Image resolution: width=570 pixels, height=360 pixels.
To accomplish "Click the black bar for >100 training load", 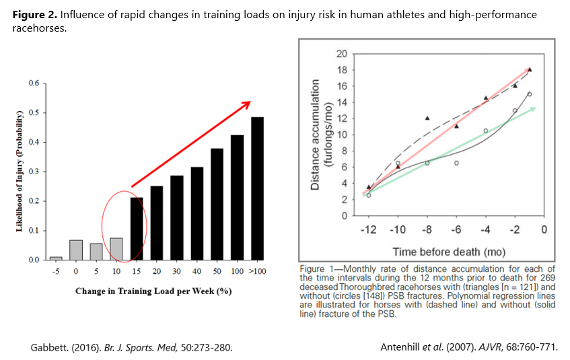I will coord(256,188).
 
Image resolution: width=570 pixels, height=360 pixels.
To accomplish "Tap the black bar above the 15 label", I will coord(136,229).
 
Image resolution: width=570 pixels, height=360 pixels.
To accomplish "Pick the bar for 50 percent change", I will coord(217,204).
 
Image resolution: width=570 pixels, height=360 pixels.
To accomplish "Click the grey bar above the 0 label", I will coord(75,250).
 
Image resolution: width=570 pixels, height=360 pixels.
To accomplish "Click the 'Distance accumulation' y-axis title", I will coord(316,135).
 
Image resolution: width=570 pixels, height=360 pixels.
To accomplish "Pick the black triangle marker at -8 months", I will coord(427,118).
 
